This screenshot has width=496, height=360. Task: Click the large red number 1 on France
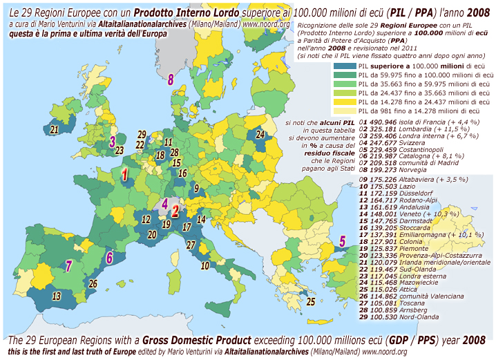point(125,176)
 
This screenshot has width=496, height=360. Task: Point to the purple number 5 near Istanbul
point(342,241)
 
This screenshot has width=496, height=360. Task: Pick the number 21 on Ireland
point(108,257)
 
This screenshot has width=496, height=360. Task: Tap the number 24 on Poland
point(260,135)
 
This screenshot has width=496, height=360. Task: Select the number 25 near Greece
point(311,301)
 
